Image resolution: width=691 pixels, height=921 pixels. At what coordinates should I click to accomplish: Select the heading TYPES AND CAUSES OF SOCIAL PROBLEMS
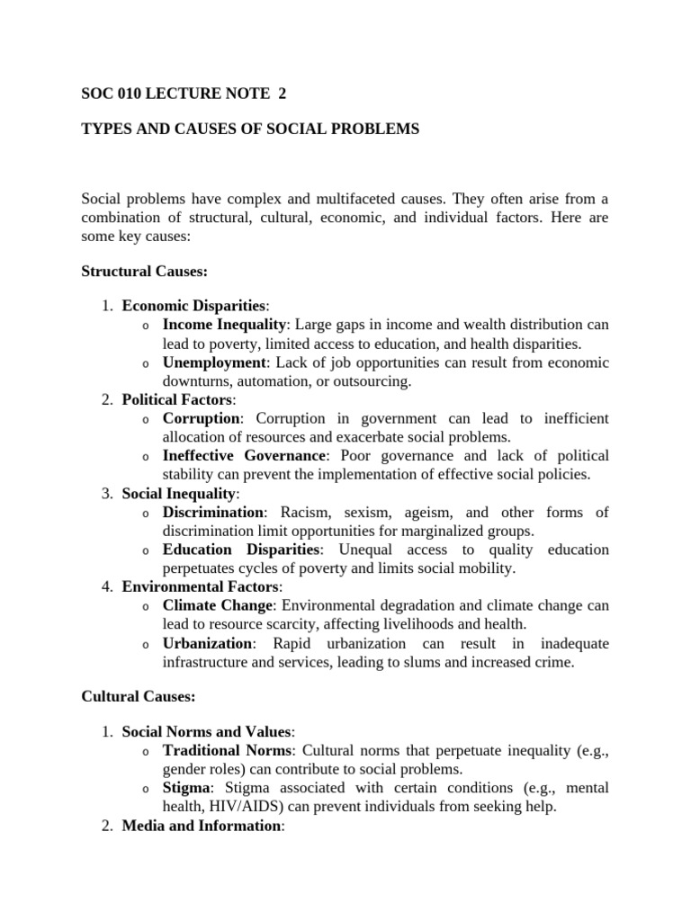coord(250,130)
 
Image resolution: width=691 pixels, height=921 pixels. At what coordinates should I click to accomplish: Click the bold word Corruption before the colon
coord(202,419)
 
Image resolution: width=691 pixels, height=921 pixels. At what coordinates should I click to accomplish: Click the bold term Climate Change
coord(220,605)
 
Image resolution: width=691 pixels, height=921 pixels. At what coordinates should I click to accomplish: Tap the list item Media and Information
coord(202,826)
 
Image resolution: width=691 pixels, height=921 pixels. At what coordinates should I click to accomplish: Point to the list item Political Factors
coord(176,399)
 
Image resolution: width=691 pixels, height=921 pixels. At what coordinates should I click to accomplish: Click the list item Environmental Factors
coord(200,587)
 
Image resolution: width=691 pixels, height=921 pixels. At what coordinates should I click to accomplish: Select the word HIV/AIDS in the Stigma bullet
coord(243,807)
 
